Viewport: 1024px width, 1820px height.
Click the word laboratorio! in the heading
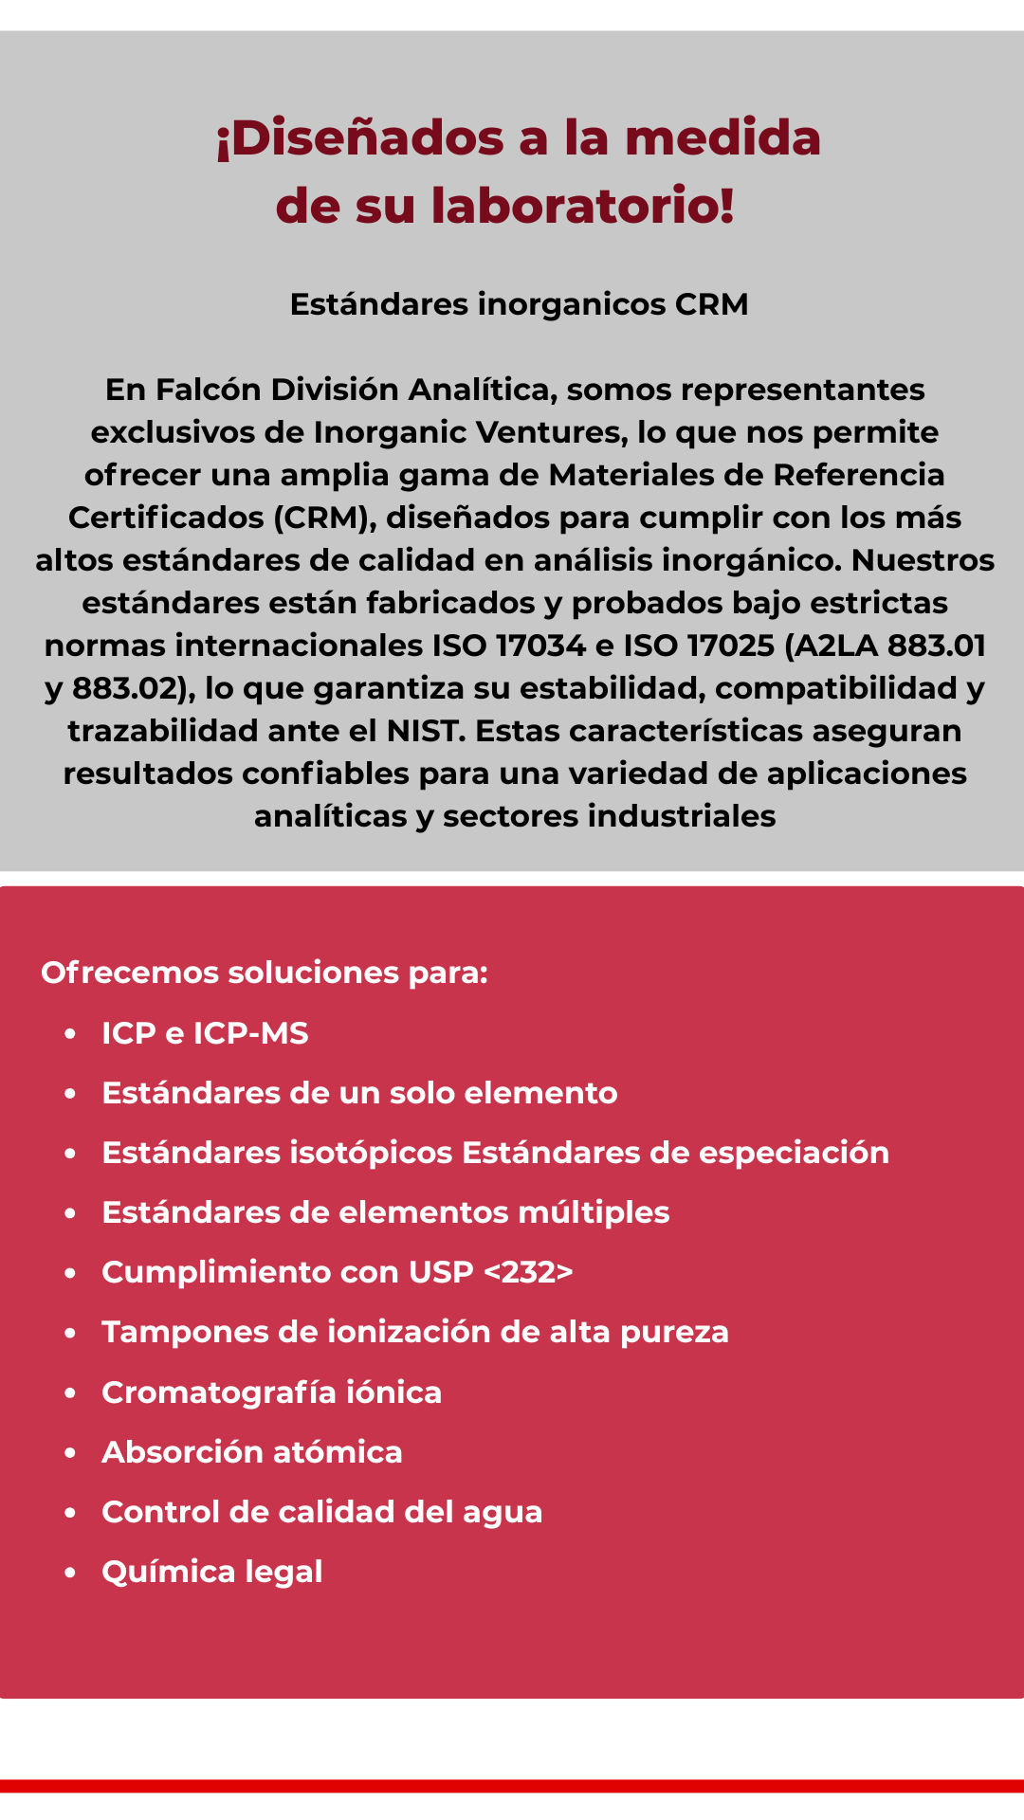[582, 206]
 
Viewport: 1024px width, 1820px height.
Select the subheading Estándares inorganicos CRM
[519, 304]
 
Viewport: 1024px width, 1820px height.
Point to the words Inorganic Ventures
[468, 432]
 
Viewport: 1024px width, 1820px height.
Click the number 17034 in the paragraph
[540, 646]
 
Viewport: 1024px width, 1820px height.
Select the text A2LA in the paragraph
[835, 646]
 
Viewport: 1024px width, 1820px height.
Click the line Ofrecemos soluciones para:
[265, 973]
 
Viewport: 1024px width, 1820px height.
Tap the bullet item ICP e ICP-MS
[205, 1033]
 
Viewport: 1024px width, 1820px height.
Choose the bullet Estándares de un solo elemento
[359, 1093]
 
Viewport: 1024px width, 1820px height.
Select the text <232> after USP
[528, 1272]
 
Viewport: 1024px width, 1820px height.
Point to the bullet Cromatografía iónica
[271, 1392]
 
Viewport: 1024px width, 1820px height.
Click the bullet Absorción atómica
[251, 1452]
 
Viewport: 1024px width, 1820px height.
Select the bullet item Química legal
[211, 1572]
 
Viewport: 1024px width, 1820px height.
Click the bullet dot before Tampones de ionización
[70, 1333]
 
